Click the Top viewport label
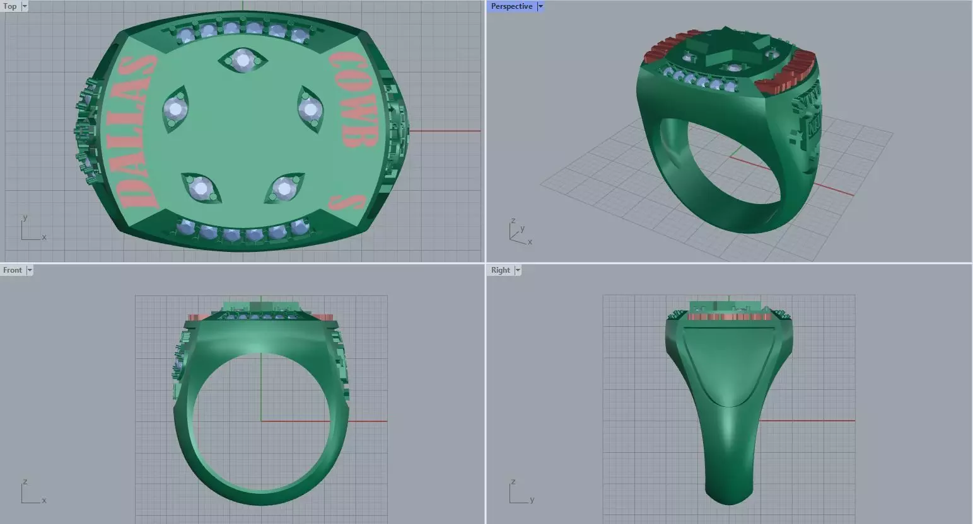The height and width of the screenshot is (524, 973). click(10, 6)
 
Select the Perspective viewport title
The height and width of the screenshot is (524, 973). click(511, 6)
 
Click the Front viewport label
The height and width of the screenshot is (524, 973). click(13, 270)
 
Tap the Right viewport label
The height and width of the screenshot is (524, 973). click(500, 270)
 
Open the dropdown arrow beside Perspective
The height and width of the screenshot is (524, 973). click(540, 6)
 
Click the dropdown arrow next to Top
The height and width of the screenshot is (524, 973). click(25, 6)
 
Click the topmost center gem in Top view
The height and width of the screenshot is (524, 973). click(243, 60)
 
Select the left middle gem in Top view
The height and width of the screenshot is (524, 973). click(175, 110)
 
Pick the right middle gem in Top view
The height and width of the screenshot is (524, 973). click(310, 110)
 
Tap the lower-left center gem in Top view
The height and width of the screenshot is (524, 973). click(201, 187)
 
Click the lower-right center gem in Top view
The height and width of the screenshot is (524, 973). click(284, 188)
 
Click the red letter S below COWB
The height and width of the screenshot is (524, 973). click(347, 202)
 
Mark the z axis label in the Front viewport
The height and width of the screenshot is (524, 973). click(25, 482)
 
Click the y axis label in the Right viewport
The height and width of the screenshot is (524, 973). click(532, 500)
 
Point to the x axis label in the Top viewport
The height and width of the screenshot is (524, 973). click(44, 237)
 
